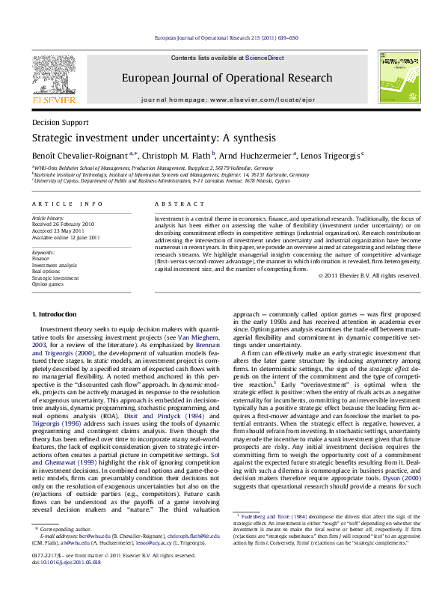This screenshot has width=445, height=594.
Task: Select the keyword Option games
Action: [x=49, y=285]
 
